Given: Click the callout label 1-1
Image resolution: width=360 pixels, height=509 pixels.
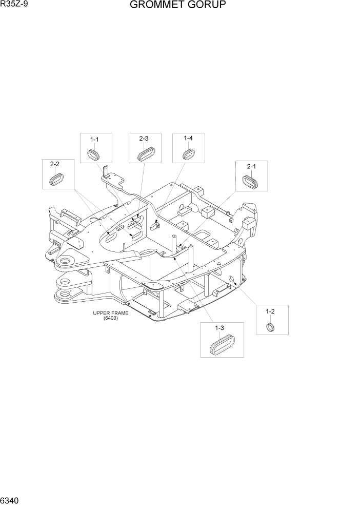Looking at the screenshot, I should pos(94,139).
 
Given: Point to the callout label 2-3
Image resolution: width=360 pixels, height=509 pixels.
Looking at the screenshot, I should pos(144,139).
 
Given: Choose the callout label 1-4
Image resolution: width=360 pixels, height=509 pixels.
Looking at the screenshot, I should pos(188,139).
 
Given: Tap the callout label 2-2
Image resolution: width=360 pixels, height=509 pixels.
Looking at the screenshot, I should pos(55,165).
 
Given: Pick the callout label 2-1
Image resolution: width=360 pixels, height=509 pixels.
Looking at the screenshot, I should pos(251,166).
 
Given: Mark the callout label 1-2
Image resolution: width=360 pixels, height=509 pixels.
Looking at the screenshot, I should pos(270,311).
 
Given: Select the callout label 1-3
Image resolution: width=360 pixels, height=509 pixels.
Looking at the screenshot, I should pos(220,327).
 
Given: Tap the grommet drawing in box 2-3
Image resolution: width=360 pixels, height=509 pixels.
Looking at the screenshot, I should pos(144,153).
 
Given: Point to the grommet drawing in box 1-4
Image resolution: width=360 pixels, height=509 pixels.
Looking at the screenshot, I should pos(188,153).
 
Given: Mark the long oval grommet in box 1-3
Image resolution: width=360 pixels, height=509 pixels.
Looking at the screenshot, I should pos(221,344).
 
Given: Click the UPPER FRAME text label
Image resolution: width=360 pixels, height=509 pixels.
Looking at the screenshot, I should pos(111,314).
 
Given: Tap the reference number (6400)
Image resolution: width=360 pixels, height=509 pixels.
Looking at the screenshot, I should pos(110,319).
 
